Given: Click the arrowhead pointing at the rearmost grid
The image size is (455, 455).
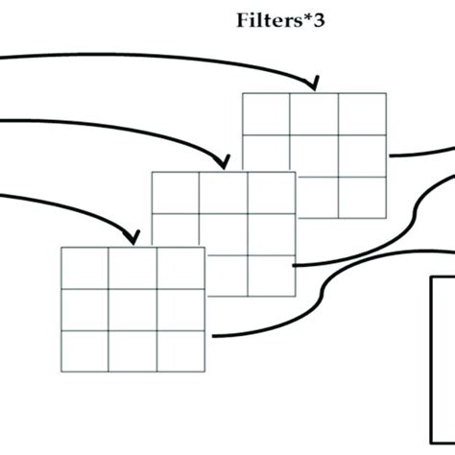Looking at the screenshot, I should click(x=312, y=85).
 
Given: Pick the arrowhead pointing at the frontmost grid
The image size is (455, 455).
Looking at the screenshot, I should click(x=132, y=236).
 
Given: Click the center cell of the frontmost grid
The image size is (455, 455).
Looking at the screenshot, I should click(x=132, y=308).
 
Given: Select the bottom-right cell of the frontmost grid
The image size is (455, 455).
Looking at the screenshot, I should click(x=180, y=349).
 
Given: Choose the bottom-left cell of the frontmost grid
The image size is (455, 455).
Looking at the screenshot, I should click(x=84, y=349).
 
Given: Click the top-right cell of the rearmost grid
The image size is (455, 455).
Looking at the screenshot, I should click(x=362, y=114).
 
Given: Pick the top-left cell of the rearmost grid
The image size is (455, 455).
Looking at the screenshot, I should click(x=266, y=114).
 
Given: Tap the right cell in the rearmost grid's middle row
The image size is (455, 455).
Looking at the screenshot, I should click(x=362, y=155).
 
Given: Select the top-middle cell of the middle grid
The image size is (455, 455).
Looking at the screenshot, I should click(x=224, y=192).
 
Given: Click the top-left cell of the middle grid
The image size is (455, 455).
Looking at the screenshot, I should click(x=176, y=192).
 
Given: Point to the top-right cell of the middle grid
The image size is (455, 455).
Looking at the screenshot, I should click(x=272, y=192).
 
